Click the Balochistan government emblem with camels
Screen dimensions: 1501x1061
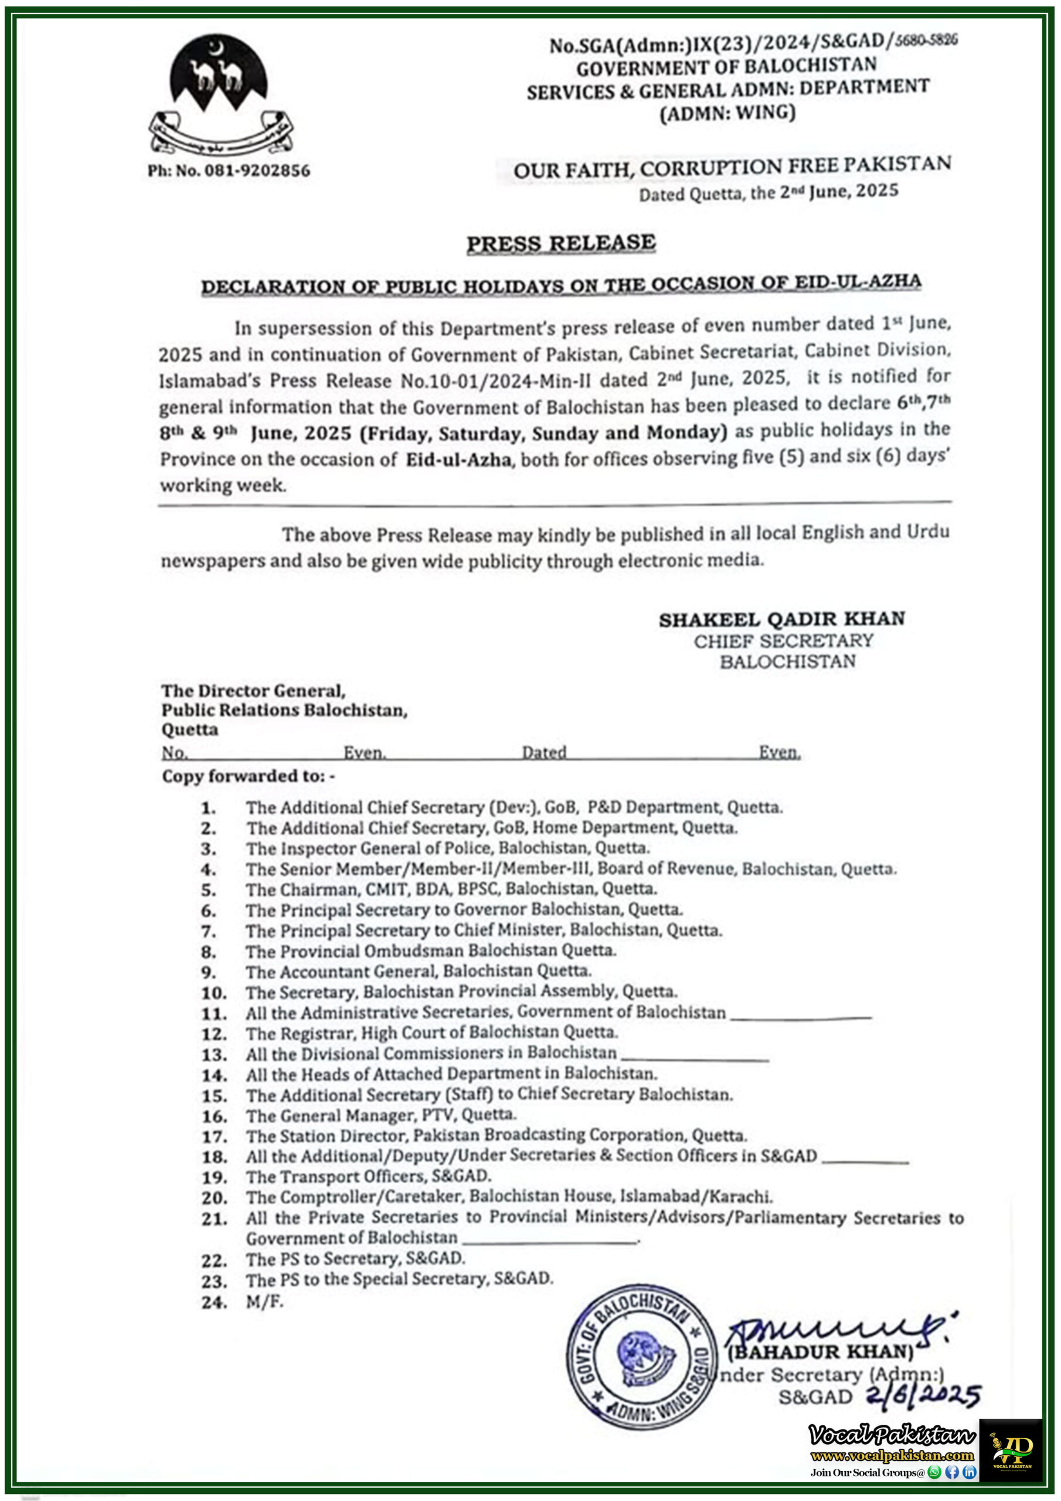pyautogui.click(x=220, y=95)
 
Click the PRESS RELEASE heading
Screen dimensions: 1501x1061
pyautogui.click(x=561, y=243)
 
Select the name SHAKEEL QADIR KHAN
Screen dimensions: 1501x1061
pyautogui.click(x=781, y=619)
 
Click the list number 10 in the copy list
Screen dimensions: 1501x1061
pyautogui.click(x=214, y=993)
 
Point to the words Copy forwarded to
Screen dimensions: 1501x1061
pyautogui.click(x=249, y=776)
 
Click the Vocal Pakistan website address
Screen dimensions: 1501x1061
pyautogui.click(x=892, y=1455)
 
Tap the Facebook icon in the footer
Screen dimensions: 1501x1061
pyautogui.click(x=952, y=1472)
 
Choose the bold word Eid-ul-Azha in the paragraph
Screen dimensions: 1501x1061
pyautogui.click(x=458, y=460)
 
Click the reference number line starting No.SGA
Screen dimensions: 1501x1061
pyautogui.click(x=753, y=43)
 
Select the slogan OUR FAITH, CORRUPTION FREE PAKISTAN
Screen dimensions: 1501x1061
pyautogui.click(x=732, y=167)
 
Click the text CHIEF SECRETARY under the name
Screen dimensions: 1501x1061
pyautogui.click(x=783, y=641)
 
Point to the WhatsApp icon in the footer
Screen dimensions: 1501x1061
pyautogui.click(x=935, y=1472)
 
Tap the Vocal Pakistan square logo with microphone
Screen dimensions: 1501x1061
pyautogui.click(x=1011, y=1450)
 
